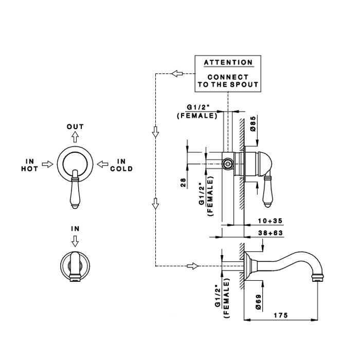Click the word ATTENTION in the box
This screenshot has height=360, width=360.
(228, 63)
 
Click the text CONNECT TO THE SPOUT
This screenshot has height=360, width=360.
(228, 81)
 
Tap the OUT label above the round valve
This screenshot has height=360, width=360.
(75, 127)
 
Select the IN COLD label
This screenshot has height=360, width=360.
(121, 165)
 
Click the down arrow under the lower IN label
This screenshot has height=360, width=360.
(75, 240)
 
